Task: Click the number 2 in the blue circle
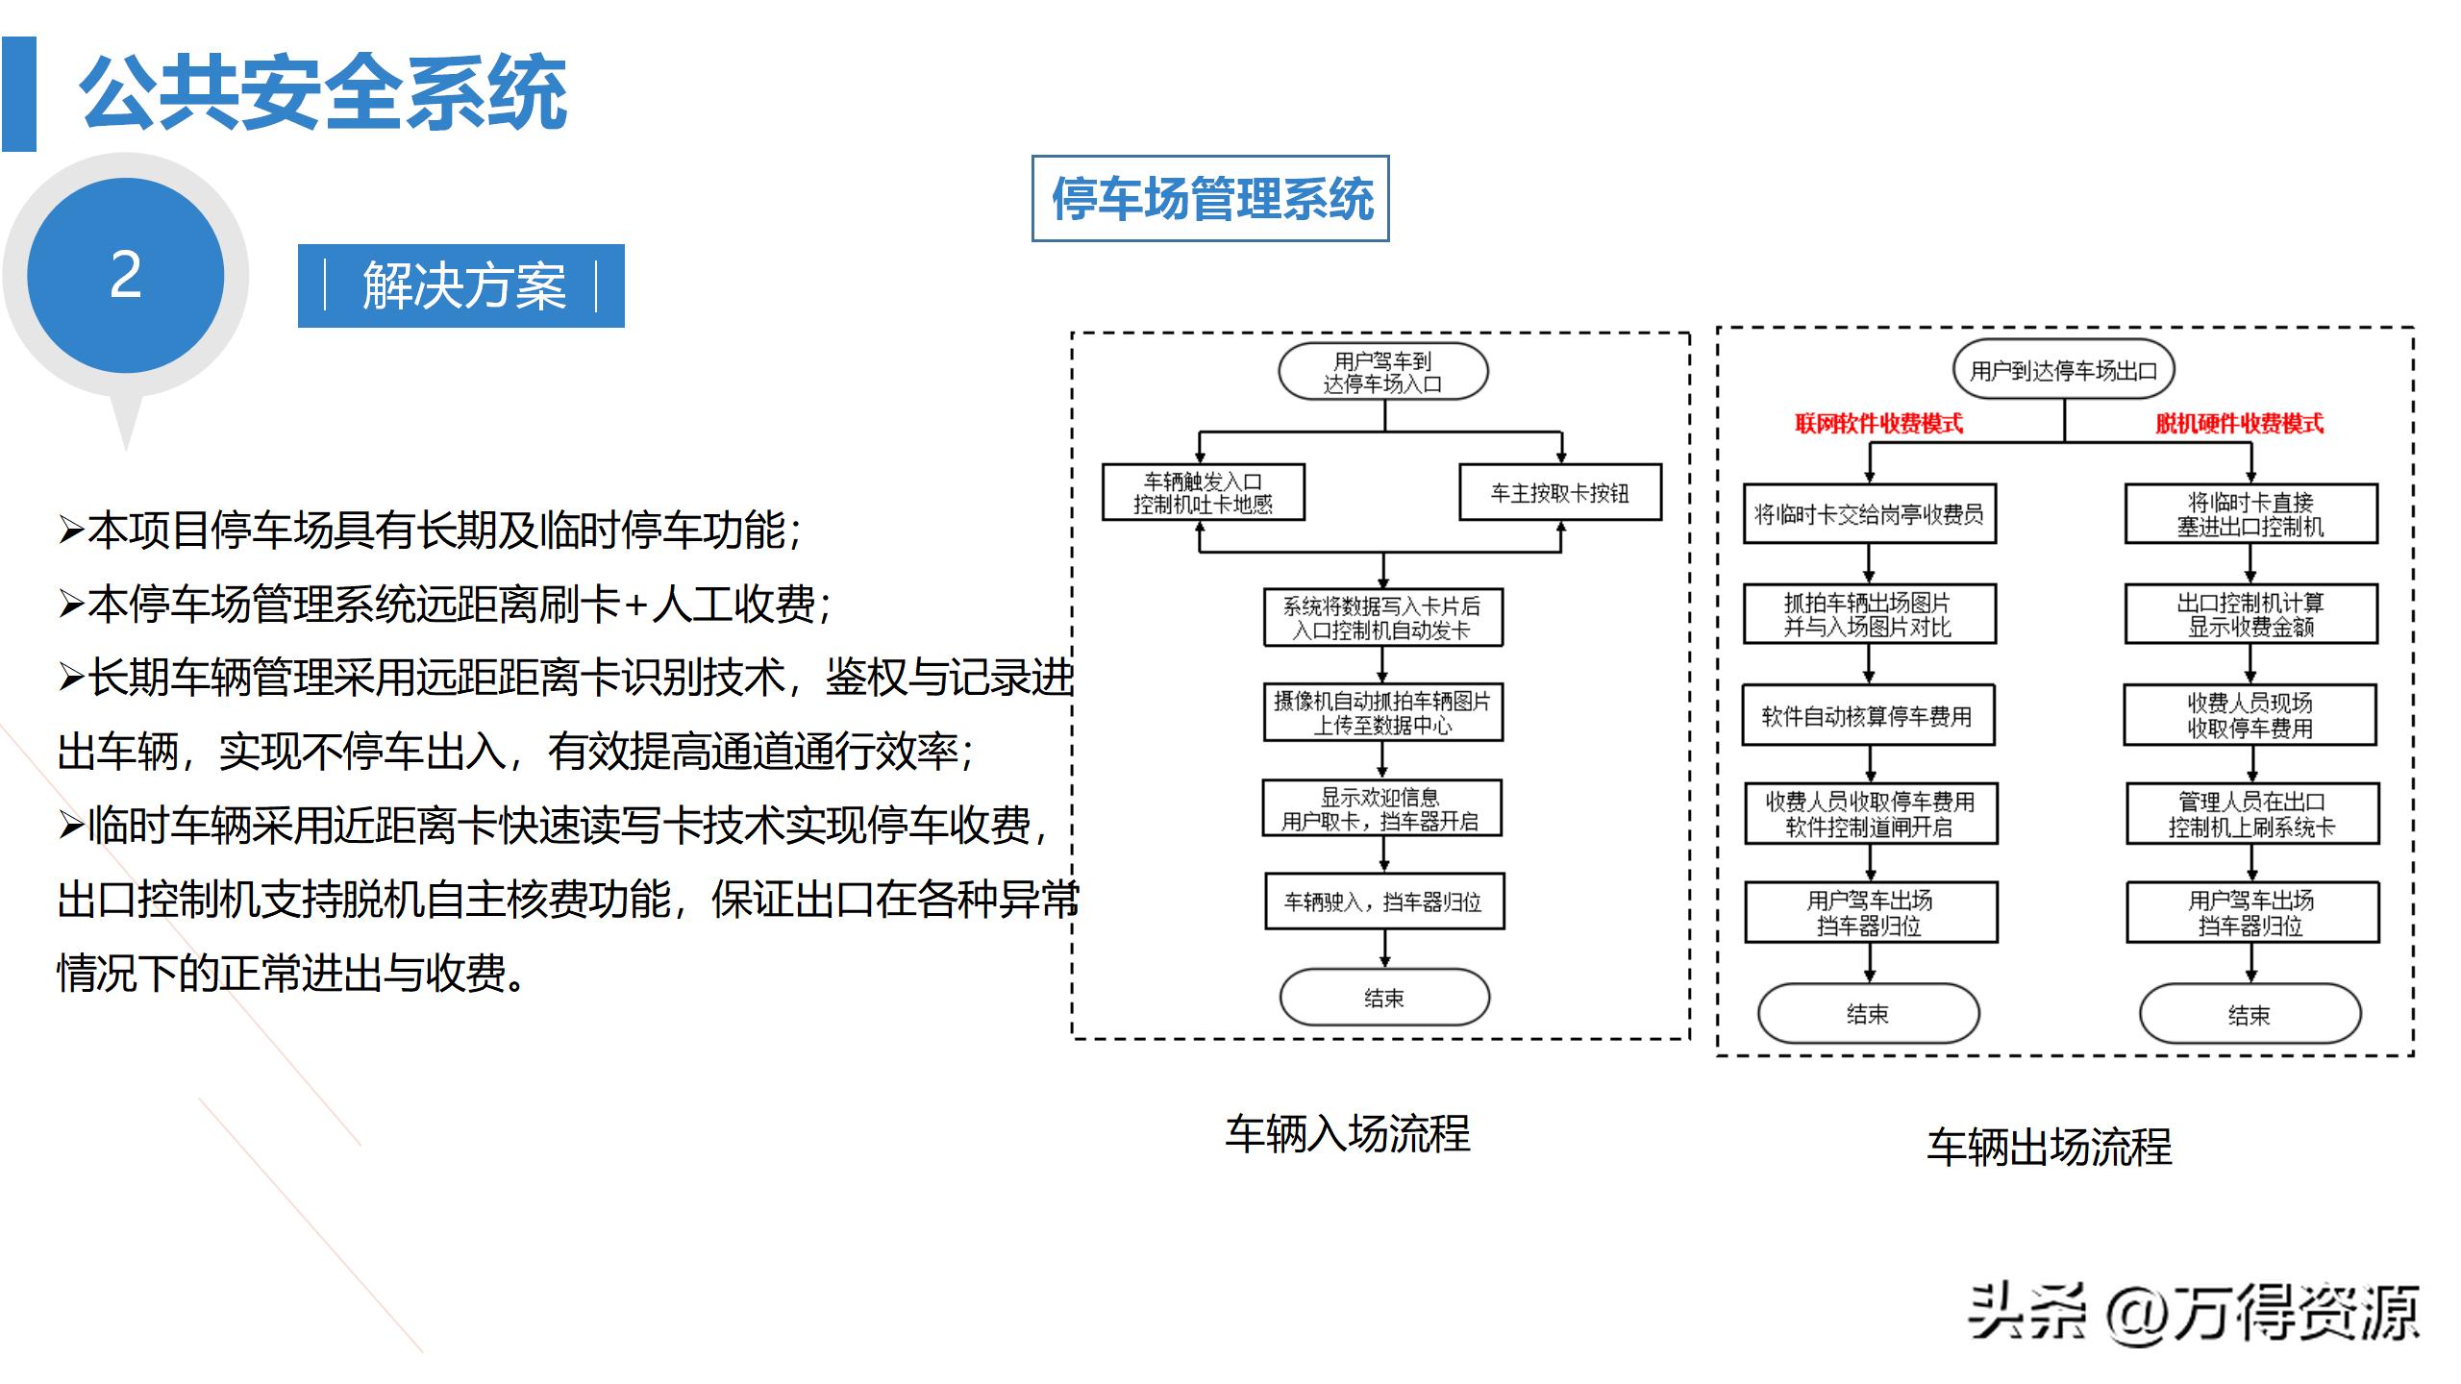coord(126,276)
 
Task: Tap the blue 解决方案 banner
coord(461,285)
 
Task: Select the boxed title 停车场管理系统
coord(1210,199)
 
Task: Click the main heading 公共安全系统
coord(323,93)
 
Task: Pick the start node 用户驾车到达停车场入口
coord(1383,373)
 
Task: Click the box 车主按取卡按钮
coord(1559,493)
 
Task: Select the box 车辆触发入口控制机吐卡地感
coord(1203,493)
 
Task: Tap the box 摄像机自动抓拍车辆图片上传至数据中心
coord(1382,713)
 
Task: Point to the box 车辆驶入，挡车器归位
coord(1383,902)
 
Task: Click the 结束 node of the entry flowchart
coord(1384,998)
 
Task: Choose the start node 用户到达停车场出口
coord(2063,371)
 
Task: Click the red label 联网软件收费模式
coord(1878,424)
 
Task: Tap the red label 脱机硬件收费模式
coord(2239,424)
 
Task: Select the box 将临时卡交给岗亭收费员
coord(1869,514)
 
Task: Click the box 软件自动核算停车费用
coord(1868,716)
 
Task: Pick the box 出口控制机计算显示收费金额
coord(2250,615)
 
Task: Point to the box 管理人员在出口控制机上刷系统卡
coord(2251,814)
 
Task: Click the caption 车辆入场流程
coord(1347,1134)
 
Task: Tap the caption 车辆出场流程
coord(2049,1147)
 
